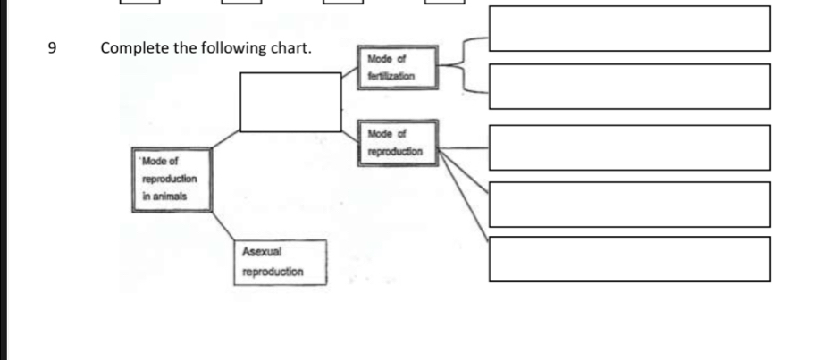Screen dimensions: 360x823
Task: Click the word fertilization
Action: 391,77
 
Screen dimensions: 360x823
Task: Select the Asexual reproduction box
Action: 280,261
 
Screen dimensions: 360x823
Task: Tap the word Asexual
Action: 262,252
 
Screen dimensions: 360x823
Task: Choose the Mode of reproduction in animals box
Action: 172,179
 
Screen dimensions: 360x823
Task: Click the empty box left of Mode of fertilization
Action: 290,102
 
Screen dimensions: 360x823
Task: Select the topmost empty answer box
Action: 629,29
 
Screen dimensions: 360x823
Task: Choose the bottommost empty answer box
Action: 629,259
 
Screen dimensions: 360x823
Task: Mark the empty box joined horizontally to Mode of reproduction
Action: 629,147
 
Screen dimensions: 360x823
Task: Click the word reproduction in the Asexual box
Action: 273,271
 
